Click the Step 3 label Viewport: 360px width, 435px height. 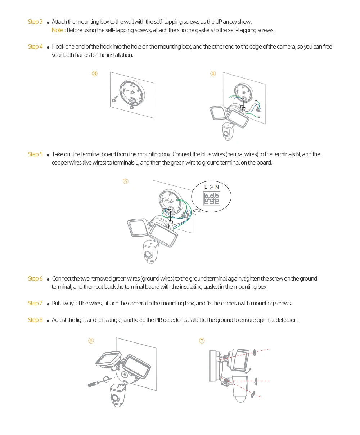coord(35,22)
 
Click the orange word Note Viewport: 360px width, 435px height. coord(58,30)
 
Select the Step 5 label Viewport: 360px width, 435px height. coord(35,154)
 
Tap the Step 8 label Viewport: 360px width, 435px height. coord(35,320)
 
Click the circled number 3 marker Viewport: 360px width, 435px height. coord(95,74)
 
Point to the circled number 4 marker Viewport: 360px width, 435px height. coord(213,74)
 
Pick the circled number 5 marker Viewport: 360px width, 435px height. coord(126,181)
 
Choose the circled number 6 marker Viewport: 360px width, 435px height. coord(91,341)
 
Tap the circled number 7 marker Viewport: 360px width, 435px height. coord(202,341)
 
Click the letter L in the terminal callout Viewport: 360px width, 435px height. coord(206,187)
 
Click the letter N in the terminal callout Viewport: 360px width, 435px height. coord(217,187)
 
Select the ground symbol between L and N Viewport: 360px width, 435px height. coord(211,187)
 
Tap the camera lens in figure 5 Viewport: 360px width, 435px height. coord(148,255)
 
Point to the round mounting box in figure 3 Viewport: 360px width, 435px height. coord(131,92)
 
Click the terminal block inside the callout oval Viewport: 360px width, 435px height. coord(211,198)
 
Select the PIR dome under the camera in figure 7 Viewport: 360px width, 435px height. coord(240,398)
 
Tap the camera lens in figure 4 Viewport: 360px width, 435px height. coord(226,133)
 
